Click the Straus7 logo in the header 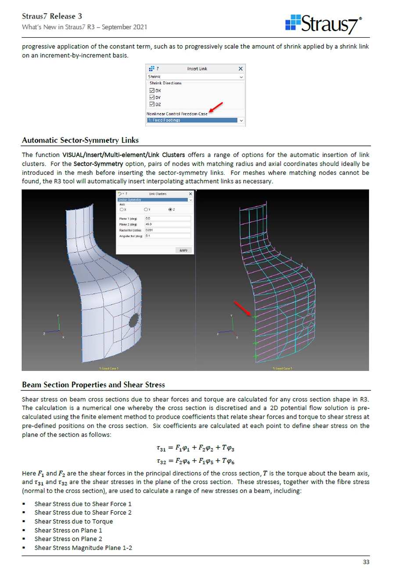[x=323, y=24]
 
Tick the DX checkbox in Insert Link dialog [x=152, y=91]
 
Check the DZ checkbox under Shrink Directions [x=152, y=104]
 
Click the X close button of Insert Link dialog [x=241, y=69]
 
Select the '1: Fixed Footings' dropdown [x=195, y=120]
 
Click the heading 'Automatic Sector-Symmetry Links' [x=80, y=140]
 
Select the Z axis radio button [x=170, y=209]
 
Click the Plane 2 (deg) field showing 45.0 [x=168, y=224]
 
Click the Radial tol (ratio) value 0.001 [x=168, y=230]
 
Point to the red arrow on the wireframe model [x=242, y=308]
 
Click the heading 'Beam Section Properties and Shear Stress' [x=93, y=385]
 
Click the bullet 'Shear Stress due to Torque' [x=74, y=521]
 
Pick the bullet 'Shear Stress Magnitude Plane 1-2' [x=83, y=548]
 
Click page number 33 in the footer [x=366, y=562]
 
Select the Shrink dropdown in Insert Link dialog [x=195, y=77]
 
